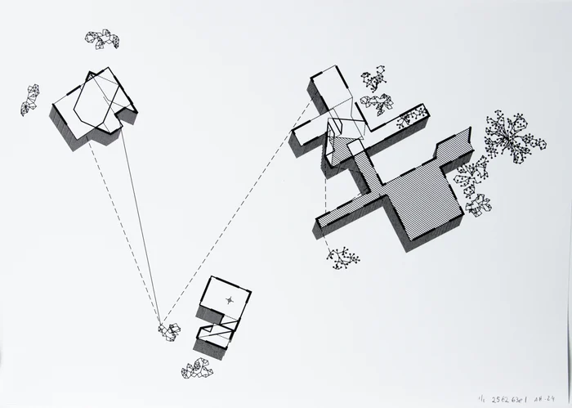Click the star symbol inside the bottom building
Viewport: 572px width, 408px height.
pyautogui.click(x=230, y=299)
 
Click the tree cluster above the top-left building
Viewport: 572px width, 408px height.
pyautogui.click(x=102, y=38)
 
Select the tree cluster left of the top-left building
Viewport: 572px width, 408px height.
pyautogui.click(x=30, y=99)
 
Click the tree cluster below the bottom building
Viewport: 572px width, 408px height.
pyautogui.click(x=197, y=370)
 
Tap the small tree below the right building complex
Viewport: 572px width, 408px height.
pyautogui.click(x=343, y=258)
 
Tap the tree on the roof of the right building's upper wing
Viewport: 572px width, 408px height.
pyautogui.click(x=404, y=122)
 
